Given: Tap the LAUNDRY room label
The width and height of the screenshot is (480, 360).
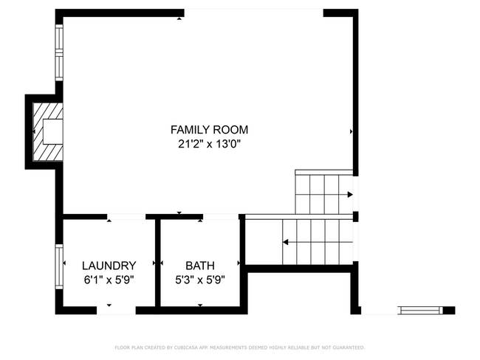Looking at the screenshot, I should coord(109,266).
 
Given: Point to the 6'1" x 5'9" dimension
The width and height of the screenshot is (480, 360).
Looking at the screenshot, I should coord(109,280).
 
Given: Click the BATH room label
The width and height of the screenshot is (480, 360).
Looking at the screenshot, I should coord(199,266).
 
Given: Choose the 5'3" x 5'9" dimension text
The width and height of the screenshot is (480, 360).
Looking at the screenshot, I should coord(199,280).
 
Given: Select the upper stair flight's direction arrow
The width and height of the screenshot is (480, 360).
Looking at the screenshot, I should coord(349,195).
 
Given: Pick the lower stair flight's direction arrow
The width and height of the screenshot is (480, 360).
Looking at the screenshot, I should coord(286,241).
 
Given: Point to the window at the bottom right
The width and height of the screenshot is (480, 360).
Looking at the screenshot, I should coord(421,311).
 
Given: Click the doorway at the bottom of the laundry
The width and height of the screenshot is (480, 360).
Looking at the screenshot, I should coord(117,311).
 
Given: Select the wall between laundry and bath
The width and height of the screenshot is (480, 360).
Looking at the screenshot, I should coord(157,262).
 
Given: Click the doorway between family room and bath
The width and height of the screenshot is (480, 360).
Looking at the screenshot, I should coord(219,217).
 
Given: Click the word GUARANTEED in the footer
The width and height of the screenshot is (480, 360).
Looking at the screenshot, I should coord(349,347).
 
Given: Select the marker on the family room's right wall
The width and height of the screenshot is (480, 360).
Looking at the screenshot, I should coord(351,132).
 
